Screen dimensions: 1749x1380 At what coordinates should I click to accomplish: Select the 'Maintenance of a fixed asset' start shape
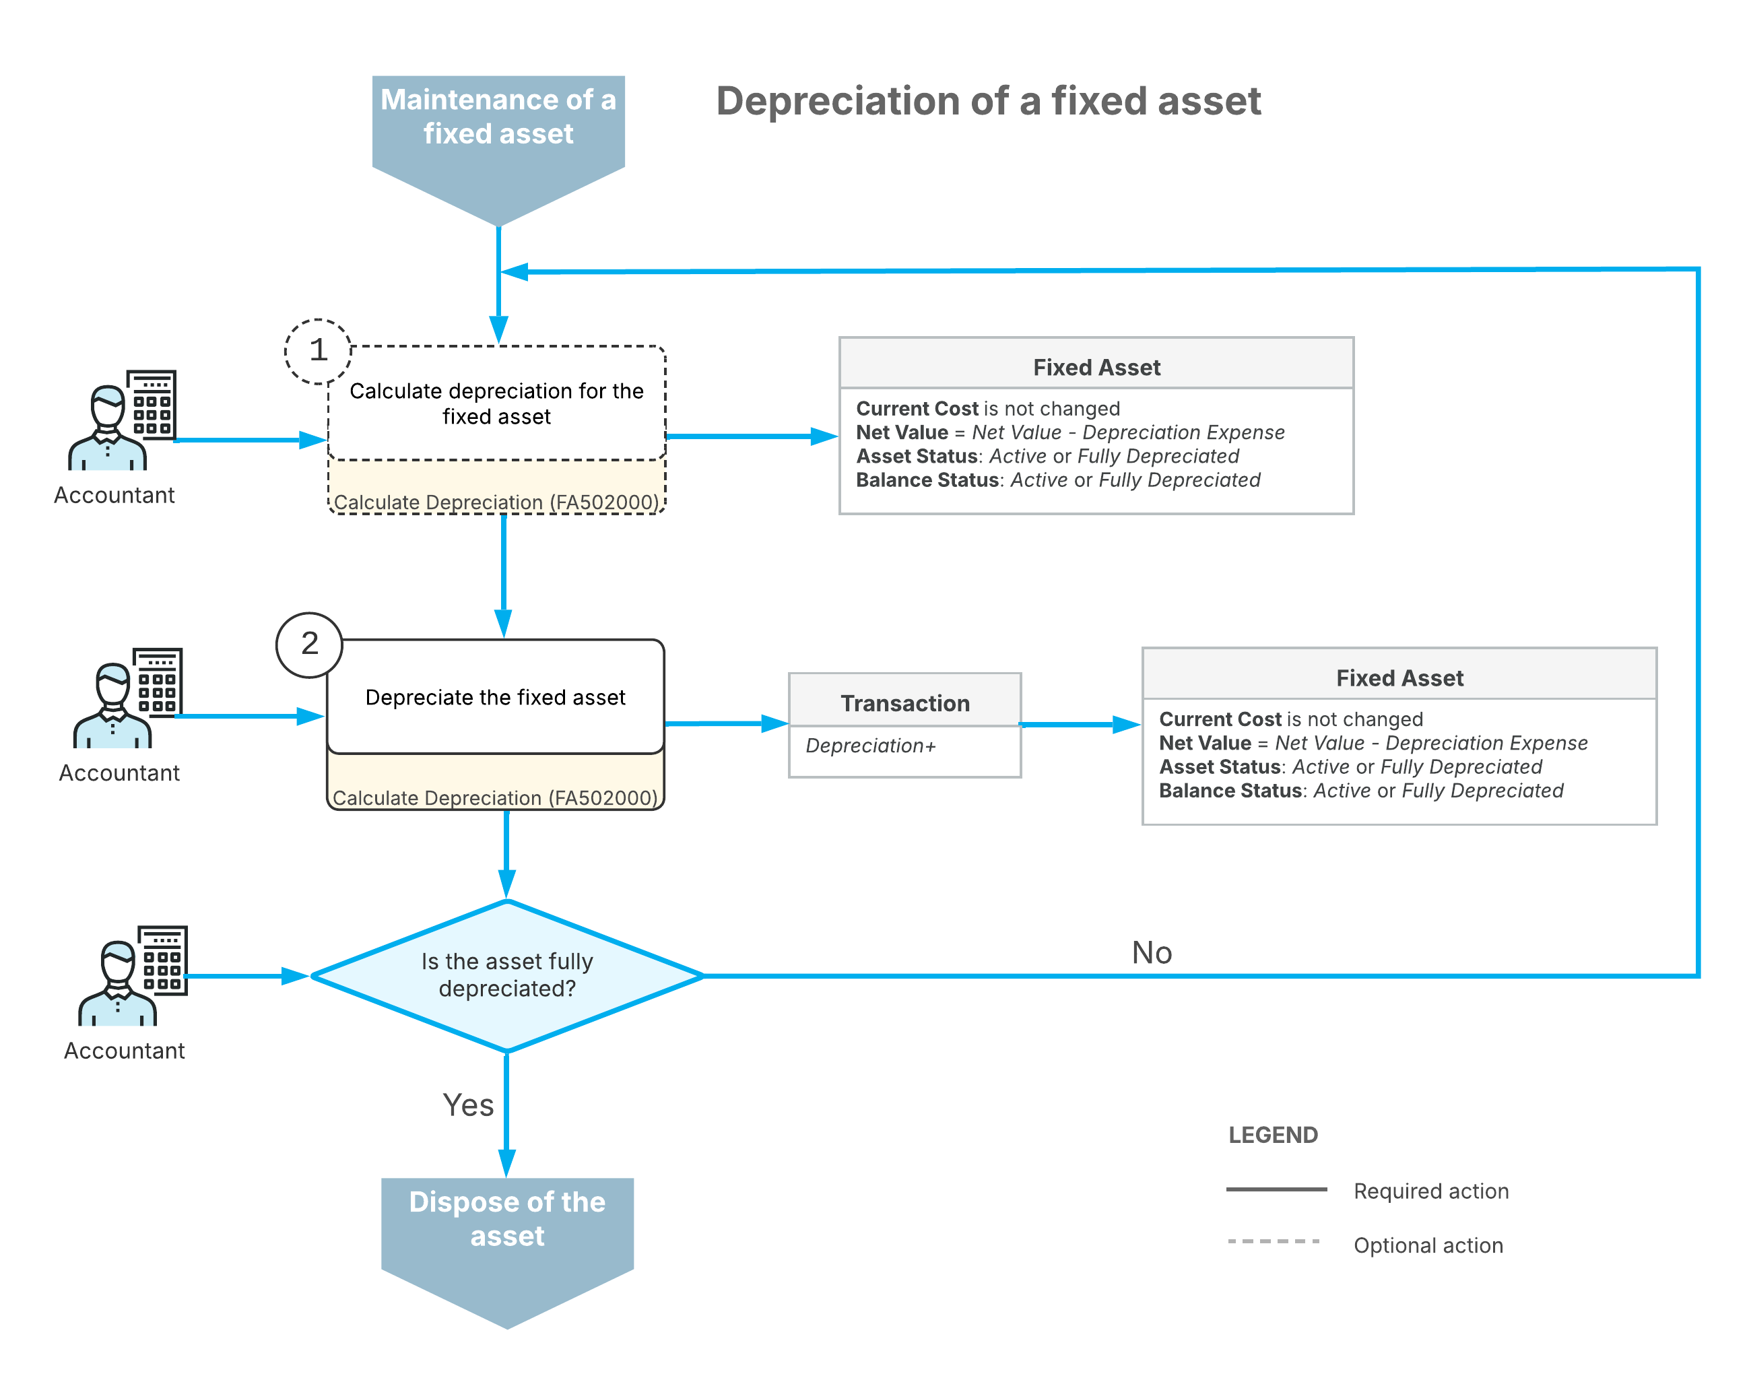click(x=498, y=150)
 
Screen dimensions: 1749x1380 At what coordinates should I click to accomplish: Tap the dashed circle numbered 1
click(x=319, y=351)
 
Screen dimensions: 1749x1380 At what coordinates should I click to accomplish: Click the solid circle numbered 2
click(x=309, y=644)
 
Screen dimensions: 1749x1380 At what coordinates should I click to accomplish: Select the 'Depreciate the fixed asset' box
click(x=495, y=696)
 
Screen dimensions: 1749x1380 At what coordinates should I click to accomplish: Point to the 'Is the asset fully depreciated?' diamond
click(x=507, y=975)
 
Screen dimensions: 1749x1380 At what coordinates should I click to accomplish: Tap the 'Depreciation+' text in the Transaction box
click(x=870, y=745)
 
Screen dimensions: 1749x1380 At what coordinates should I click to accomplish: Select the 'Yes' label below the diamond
click(x=468, y=1105)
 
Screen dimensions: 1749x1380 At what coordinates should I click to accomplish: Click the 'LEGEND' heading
click(x=1272, y=1136)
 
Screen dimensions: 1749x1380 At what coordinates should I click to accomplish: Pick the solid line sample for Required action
click(x=1276, y=1189)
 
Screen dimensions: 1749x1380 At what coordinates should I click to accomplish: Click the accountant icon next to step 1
click(x=122, y=420)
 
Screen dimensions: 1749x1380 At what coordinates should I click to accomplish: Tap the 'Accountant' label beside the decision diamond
click(x=125, y=1051)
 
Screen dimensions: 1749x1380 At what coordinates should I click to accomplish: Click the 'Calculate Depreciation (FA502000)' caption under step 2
click(x=495, y=798)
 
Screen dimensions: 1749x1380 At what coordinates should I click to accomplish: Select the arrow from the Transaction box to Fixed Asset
click(x=1081, y=725)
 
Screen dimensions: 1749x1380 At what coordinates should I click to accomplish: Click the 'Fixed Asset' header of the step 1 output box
click(x=1096, y=368)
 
